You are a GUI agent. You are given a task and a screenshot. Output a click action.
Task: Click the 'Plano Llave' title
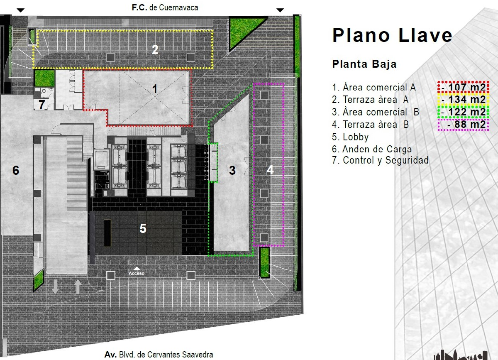pos(392,35)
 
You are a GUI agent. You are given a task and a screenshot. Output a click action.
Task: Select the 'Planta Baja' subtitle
pos(364,64)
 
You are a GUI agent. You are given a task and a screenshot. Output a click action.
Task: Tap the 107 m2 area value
pos(466,87)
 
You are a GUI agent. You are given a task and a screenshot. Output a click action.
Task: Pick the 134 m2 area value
pos(466,99)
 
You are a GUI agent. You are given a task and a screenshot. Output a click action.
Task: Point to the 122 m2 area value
pos(466,112)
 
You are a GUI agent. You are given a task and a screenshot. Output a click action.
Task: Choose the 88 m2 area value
pos(470,124)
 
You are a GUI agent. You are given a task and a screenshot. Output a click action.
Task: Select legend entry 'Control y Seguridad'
pos(380,160)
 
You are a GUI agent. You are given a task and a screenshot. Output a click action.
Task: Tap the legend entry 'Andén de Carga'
pos(372,149)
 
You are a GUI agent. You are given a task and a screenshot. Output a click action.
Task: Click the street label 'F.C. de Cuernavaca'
pos(165,7)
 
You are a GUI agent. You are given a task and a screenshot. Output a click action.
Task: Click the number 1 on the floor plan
pos(155,89)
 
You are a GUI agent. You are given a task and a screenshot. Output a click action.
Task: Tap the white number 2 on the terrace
pos(155,49)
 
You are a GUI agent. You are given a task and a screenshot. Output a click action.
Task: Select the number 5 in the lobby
pos(143,228)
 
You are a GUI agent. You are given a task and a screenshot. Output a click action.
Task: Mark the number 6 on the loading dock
pos(16,170)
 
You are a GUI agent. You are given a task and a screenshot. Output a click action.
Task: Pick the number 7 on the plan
pos(42,104)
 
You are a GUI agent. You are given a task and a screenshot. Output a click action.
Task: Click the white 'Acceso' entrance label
pos(137,273)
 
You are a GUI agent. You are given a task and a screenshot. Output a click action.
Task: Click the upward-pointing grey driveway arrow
pos(78,287)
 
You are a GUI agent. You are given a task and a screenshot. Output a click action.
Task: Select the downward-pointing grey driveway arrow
pos(55,287)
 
